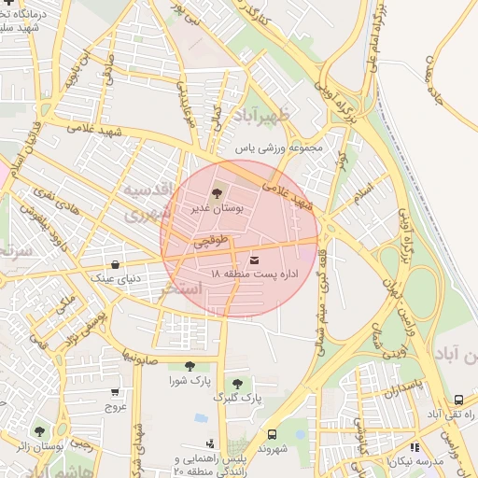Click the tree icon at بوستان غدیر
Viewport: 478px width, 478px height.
218,194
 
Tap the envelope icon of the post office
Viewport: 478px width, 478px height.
255,259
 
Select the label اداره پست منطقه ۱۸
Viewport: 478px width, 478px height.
254,274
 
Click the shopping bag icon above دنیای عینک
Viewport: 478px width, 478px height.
115,265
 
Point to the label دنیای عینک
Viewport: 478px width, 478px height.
115,278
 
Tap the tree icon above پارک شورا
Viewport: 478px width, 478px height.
190,367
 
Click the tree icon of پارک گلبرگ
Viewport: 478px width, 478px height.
236,383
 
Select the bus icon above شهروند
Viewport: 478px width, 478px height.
273,434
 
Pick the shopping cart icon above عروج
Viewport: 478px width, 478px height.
115,392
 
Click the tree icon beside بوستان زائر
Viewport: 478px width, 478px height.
38,431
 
